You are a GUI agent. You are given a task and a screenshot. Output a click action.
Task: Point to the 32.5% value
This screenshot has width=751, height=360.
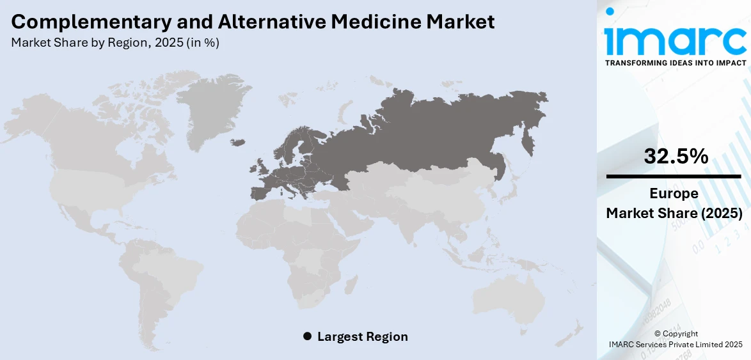(676, 156)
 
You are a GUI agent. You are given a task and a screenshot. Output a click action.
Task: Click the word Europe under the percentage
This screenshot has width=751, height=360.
(674, 194)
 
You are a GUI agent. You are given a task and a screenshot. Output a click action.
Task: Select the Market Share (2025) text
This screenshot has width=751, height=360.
(674, 214)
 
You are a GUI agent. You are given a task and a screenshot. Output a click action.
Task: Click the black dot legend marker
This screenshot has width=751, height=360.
(307, 336)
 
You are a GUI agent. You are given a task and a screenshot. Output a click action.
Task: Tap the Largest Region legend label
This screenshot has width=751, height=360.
(362, 336)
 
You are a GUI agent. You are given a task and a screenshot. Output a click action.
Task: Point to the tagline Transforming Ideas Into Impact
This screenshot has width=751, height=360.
(675, 63)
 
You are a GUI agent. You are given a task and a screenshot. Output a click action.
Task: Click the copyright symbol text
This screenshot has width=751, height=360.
(676, 334)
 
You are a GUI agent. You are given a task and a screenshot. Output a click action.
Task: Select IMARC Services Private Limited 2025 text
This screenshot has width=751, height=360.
(676, 345)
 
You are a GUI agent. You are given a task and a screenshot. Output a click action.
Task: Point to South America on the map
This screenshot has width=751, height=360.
(163, 275)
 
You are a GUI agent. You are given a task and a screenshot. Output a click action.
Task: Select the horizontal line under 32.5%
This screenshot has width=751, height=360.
(674, 176)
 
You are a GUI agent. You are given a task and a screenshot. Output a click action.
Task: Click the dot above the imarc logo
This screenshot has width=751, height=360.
(610, 12)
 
